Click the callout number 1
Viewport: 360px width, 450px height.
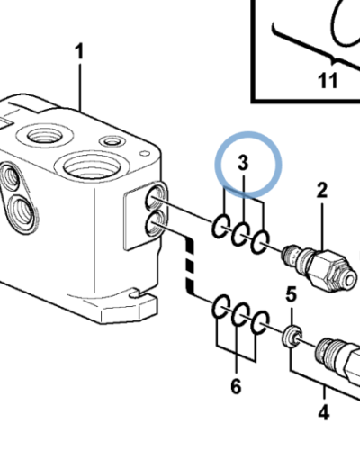[79, 51]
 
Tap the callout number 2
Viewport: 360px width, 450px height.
[321, 190]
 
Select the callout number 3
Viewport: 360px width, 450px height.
[243, 163]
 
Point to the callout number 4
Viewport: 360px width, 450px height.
[324, 412]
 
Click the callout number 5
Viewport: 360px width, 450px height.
[291, 294]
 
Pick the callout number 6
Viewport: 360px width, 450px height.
[236, 386]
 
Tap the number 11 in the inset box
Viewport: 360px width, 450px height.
[328, 80]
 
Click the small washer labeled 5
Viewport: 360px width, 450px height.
[292, 337]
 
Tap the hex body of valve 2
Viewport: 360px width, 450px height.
[331, 270]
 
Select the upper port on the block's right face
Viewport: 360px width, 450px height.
[156, 198]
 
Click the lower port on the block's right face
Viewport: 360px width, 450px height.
[156, 224]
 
